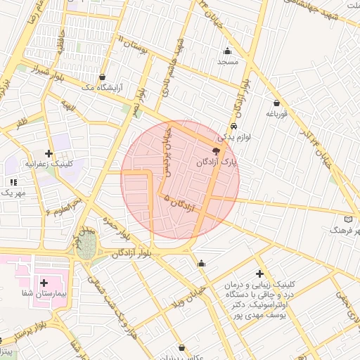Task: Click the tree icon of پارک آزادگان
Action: tap(216, 151)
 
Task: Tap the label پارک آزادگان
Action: tap(217, 162)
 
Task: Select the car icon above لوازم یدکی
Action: tap(233, 127)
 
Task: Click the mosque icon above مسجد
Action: tap(227, 51)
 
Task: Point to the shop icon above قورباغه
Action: tap(276, 103)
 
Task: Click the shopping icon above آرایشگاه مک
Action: tap(103, 77)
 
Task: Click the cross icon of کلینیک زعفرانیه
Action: tap(48, 153)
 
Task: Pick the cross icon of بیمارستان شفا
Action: tap(44, 282)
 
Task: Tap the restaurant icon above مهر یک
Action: tap(13, 182)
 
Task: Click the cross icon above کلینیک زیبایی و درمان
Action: tap(260, 273)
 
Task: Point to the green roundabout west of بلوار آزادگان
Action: tap(86, 246)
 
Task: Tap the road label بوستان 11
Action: tap(131, 45)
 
